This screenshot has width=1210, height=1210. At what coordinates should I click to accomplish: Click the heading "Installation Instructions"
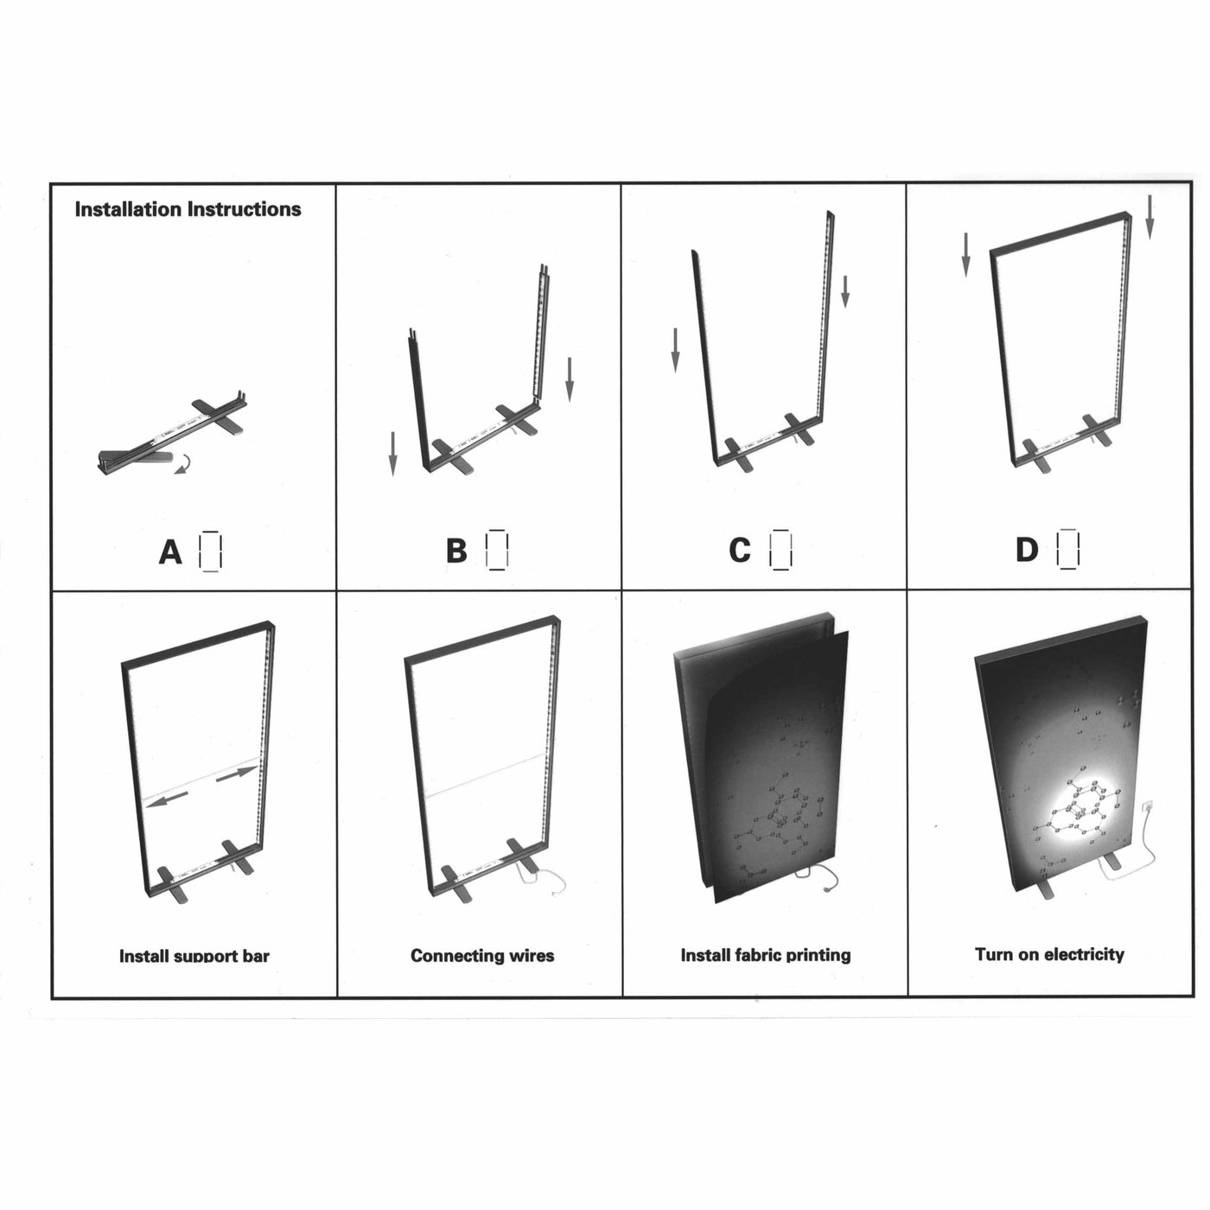pos(188,209)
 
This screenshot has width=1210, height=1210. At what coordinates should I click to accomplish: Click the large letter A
pos(170,552)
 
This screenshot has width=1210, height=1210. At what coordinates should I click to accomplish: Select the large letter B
pos(456,551)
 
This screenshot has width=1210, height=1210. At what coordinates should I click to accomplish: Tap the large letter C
pos(740,550)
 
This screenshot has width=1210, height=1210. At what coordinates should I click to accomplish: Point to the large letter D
pos(1027,550)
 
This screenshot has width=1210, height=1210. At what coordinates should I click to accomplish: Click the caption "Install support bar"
pos(194,956)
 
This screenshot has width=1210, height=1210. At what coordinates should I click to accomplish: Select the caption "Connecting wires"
pos(482,956)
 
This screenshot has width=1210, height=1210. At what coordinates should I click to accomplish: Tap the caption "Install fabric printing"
pos(766,955)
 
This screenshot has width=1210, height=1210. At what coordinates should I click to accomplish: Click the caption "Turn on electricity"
pos(1049,954)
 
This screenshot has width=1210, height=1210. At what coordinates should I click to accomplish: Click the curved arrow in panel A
pos(182,465)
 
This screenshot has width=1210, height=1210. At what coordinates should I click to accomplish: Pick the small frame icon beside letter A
pos(210,551)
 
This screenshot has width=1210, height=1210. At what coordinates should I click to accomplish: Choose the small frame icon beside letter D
pos(1068,550)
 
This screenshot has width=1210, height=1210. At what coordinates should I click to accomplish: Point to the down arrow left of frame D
pos(966,254)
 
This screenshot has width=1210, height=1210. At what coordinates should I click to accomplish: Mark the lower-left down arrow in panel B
pos(393,454)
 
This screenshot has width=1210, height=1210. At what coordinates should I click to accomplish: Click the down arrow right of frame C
pos(845,291)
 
